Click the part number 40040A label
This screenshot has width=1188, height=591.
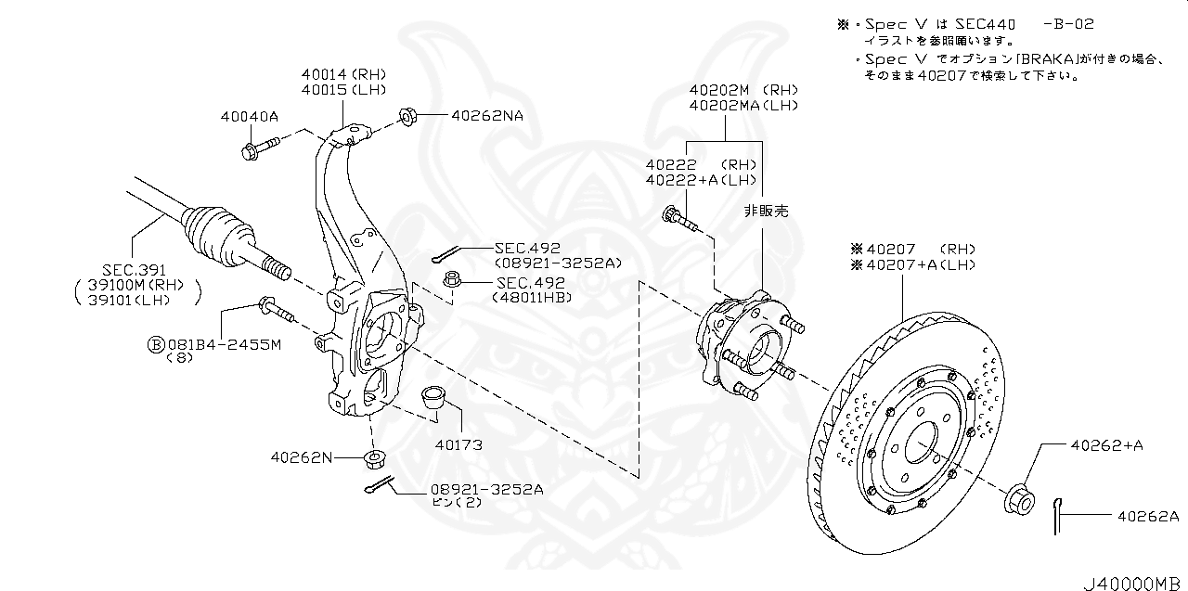click(250, 117)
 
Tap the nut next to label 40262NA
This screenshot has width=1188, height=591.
click(406, 116)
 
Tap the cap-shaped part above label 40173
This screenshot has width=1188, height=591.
click(433, 398)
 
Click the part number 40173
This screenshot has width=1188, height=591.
click(458, 445)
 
